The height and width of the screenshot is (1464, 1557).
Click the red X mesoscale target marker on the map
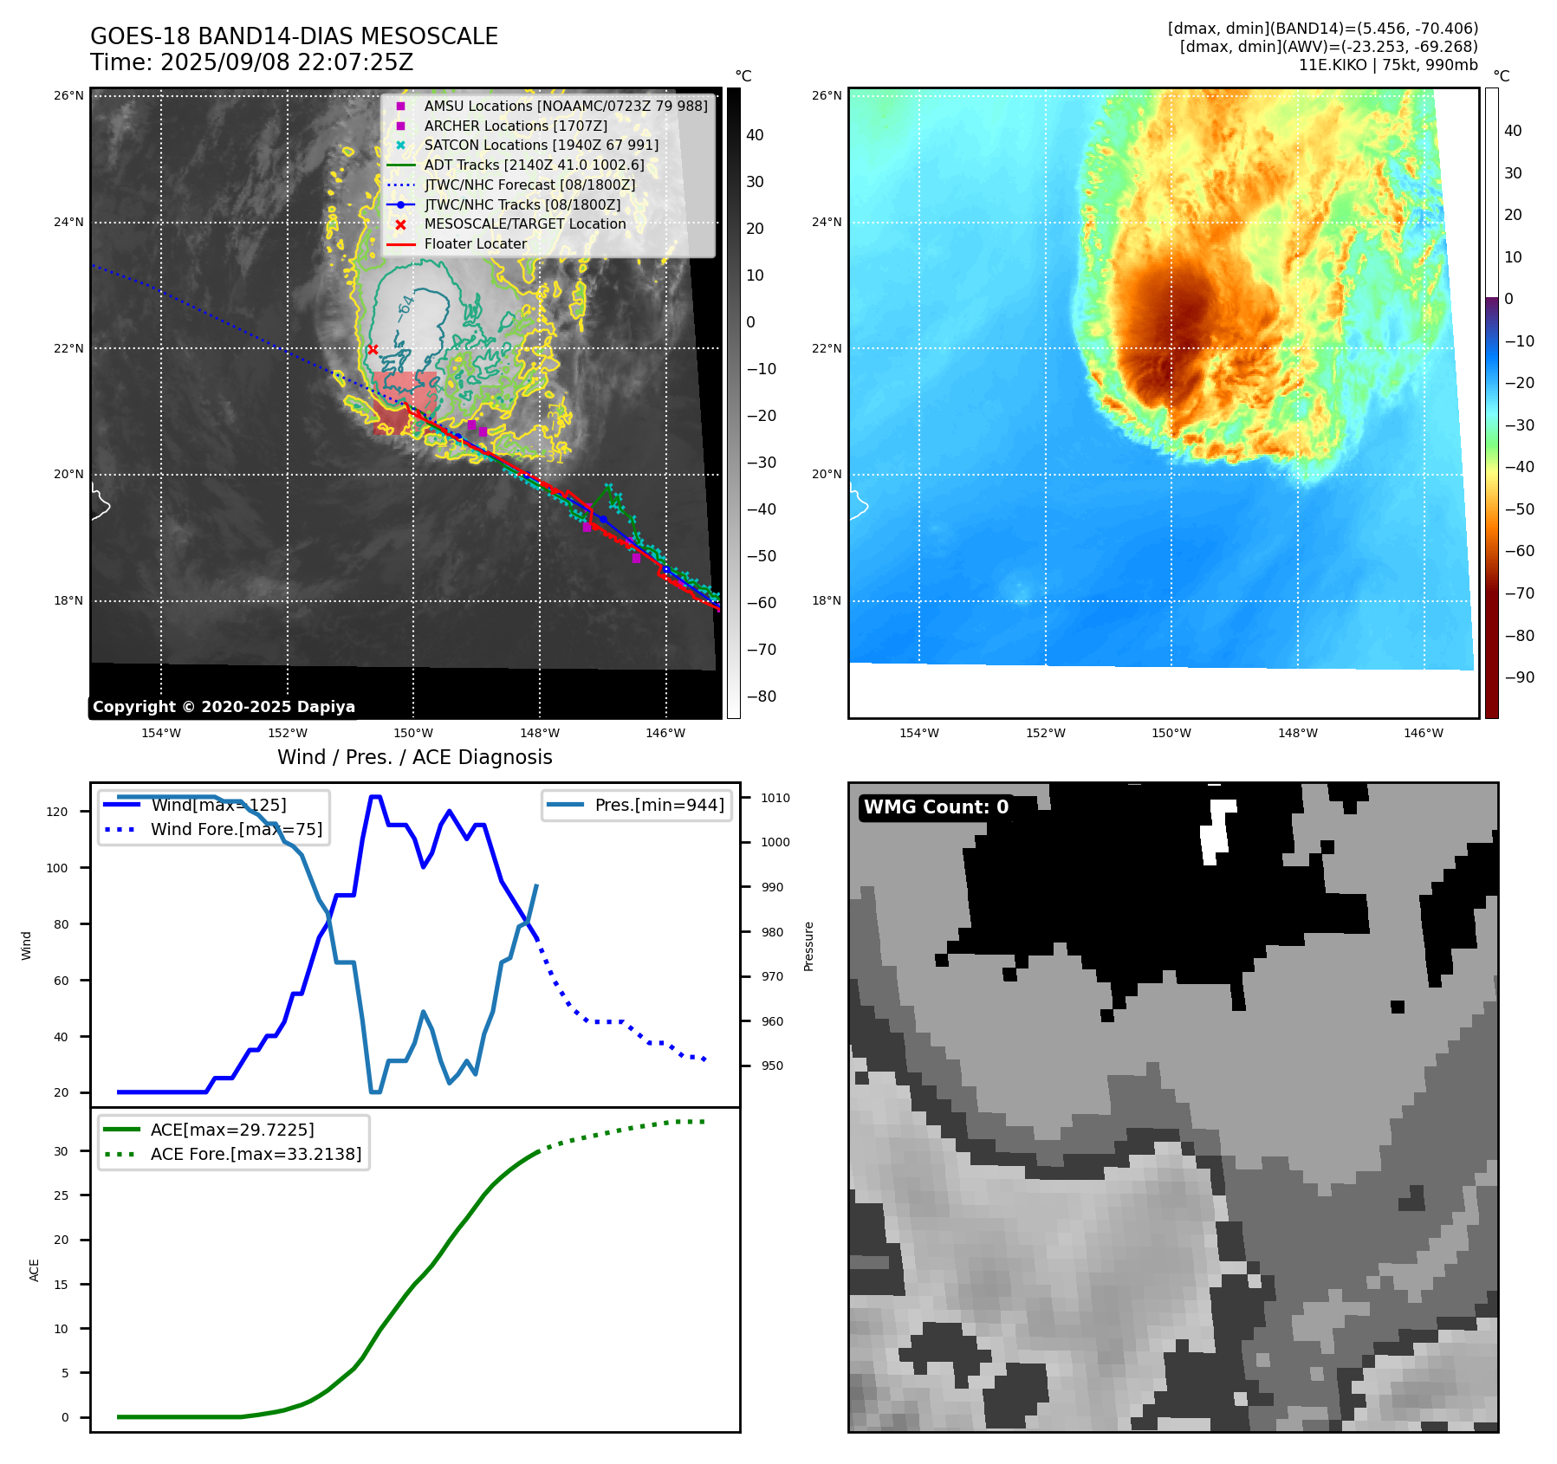click(373, 350)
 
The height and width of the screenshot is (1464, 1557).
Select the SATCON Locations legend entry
click(541, 146)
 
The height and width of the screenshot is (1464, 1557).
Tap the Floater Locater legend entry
click(475, 244)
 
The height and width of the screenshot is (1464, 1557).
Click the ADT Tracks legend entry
click(534, 165)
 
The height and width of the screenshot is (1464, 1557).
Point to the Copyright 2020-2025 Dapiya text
click(224, 707)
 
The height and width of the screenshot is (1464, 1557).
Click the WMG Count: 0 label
click(936, 807)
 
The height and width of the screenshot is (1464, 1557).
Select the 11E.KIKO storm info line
click(1387, 65)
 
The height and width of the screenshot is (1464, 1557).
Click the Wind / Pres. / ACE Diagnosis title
click(414, 757)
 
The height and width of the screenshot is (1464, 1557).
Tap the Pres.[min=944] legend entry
click(658, 805)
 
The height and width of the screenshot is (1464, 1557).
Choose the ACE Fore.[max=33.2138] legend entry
click(256, 1154)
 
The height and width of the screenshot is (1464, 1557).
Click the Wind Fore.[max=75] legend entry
click(236, 829)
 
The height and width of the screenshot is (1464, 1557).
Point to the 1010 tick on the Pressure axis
click(775, 798)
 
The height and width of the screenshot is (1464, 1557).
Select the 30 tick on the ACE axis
click(61, 1151)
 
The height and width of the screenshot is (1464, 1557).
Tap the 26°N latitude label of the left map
click(68, 95)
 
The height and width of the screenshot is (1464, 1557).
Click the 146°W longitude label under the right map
click(1423, 733)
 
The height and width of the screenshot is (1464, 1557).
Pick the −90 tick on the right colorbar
click(1519, 677)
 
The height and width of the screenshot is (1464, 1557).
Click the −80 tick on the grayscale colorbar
click(761, 696)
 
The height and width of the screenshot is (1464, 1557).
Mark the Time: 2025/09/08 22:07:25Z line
click(251, 62)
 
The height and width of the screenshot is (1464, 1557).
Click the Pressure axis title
click(808, 946)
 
